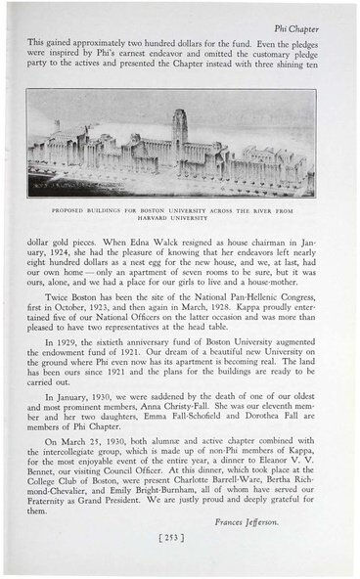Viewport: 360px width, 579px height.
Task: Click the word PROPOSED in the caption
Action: click(x=73, y=207)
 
